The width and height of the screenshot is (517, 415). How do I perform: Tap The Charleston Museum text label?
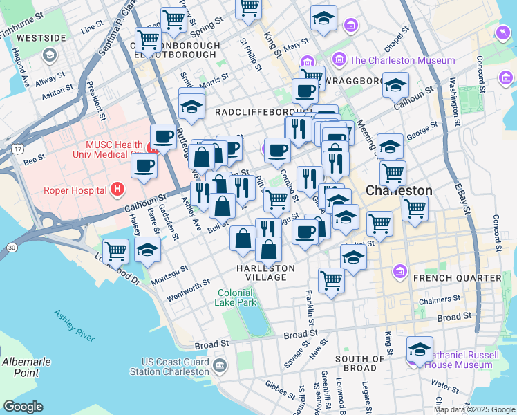[x=402, y=60]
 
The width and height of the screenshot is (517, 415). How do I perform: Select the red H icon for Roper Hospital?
[x=118, y=189]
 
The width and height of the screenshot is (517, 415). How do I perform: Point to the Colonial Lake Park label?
[x=237, y=297]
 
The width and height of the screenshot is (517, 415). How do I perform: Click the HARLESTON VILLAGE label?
[x=266, y=273]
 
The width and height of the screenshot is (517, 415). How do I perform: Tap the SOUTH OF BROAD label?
[x=359, y=364]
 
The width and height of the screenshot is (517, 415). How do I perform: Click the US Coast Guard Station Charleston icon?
[x=219, y=365]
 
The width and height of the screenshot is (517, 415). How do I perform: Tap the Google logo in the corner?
[x=23, y=406]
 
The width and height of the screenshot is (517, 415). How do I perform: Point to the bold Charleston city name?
[x=399, y=190]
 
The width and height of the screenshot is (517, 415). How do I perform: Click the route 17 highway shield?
[x=15, y=148]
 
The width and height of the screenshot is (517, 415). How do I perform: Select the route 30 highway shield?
[x=11, y=247]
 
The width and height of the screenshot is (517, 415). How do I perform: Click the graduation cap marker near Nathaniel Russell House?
[x=419, y=347]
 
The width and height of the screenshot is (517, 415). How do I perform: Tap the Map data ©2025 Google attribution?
[x=473, y=409]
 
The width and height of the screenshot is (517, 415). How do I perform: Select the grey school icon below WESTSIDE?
[x=48, y=54]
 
